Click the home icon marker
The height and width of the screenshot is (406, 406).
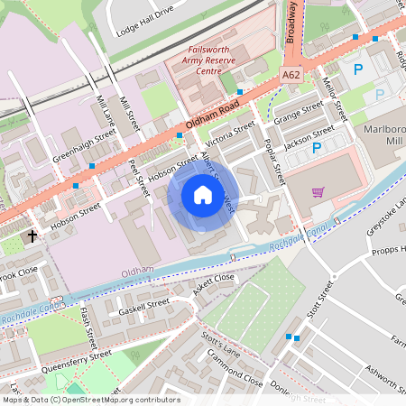point(203,196)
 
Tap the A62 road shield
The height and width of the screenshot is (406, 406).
point(290,77)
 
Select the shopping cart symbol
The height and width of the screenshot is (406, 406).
point(318,191)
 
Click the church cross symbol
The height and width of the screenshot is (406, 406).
point(32,236)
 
